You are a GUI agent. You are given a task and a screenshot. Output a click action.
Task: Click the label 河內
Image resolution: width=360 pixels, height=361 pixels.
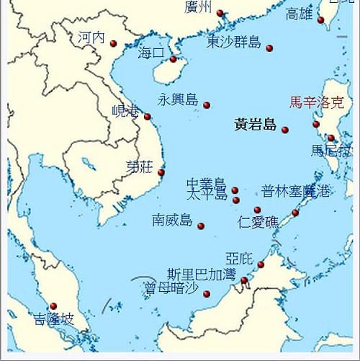coord(91,37)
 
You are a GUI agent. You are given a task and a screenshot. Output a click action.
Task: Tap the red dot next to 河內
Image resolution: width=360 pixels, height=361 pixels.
coord(113,44)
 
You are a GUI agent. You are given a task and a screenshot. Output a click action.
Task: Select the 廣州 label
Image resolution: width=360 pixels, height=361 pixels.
coord(199,8)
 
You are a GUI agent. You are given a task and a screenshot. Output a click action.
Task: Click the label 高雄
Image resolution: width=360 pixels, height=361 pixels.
coord(300,14)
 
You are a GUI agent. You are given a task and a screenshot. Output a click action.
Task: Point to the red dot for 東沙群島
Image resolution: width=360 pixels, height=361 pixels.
coord(269,48)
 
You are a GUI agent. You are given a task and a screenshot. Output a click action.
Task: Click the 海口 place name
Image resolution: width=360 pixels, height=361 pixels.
coord(152,53)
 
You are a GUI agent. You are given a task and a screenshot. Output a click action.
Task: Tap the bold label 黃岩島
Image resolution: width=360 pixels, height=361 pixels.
coord(256,125)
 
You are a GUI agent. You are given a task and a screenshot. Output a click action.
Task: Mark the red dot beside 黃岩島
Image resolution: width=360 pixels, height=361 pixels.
coord(285,130)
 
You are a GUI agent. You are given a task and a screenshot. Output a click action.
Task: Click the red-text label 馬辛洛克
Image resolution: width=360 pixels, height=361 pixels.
coord(317,103)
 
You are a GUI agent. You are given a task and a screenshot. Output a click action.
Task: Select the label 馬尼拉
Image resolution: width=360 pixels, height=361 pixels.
coord(332,151)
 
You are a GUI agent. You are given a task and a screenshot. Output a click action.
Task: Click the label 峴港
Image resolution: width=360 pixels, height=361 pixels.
coord(126,110)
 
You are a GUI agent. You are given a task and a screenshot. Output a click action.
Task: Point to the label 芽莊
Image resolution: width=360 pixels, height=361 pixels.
coord(140,167)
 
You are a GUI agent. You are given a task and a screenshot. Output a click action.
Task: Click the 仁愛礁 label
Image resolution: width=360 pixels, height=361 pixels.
coord(258,222)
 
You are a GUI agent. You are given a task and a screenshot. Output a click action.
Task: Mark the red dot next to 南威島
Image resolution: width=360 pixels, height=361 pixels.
coord(201,226)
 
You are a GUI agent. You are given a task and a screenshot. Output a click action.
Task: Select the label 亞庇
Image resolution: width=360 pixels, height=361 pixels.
coord(239,258)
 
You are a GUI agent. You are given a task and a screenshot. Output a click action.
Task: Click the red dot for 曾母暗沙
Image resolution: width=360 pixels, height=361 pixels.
coord(207,293)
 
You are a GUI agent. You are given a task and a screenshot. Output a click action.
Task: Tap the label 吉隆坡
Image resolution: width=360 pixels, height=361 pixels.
coord(53,318)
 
